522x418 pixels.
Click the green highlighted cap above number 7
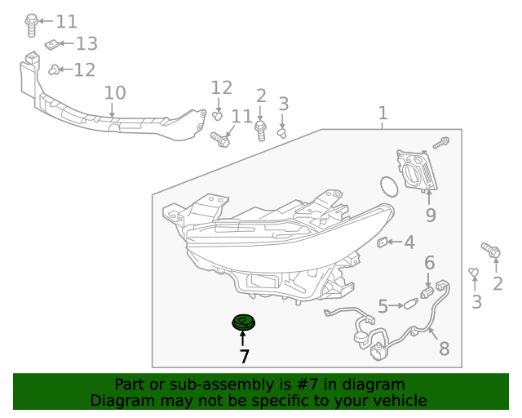tap(243, 322)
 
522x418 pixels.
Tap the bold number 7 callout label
tap(244, 356)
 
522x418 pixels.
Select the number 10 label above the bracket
tap(115, 93)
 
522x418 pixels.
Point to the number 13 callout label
tap(87, 43)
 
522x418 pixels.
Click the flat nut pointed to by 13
tap(51, 44)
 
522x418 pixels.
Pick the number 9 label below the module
tap(431, 215)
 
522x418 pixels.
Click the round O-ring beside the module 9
tap(389, 187)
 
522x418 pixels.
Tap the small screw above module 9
tap(441, 143)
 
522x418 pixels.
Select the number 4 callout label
tap(409, 242)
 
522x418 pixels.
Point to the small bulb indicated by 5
tap(410, 304)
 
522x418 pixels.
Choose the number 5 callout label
tap(383, 306)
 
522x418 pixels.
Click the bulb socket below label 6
tap(427, 292)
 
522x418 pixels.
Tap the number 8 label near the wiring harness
tap(445, 349)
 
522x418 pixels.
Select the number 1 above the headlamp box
tap(383, 113)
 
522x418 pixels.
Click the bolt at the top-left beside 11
tap(31, 25)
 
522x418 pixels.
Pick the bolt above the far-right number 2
tap(491, 250)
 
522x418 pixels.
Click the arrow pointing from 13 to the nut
tap(66, 43)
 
